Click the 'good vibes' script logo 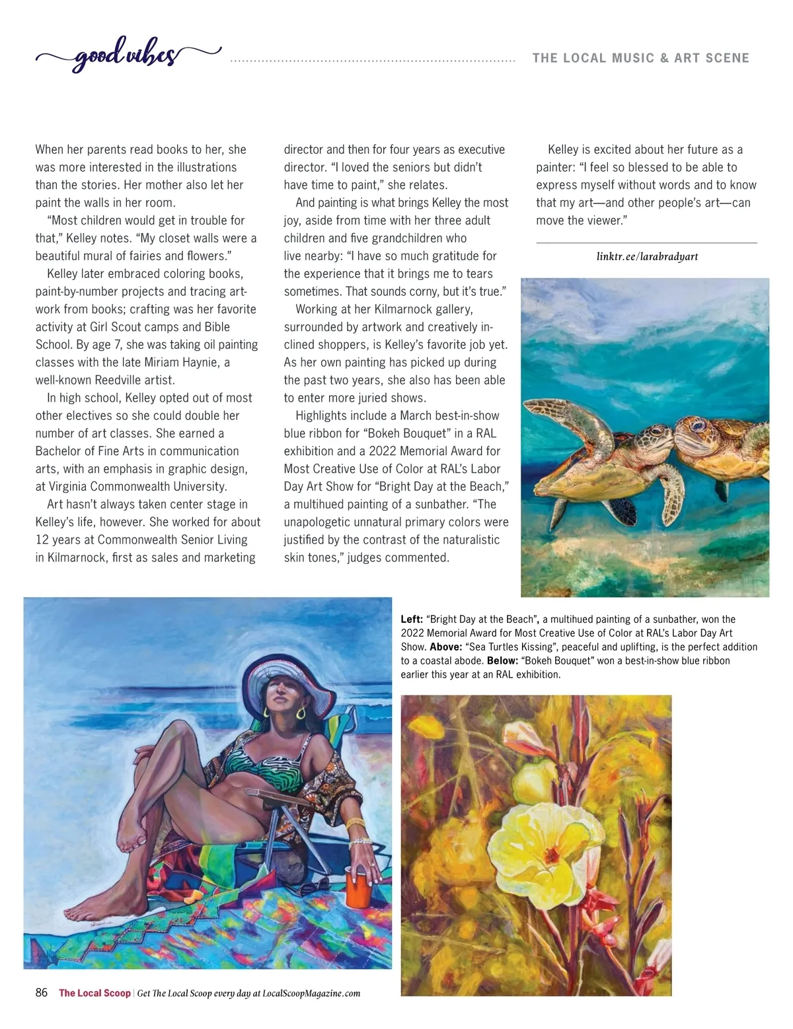126,56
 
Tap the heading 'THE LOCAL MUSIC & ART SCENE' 640,58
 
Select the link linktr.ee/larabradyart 647,256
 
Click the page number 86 42,993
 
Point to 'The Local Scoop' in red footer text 94,993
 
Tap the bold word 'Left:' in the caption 412,620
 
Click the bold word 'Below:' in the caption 502,660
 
